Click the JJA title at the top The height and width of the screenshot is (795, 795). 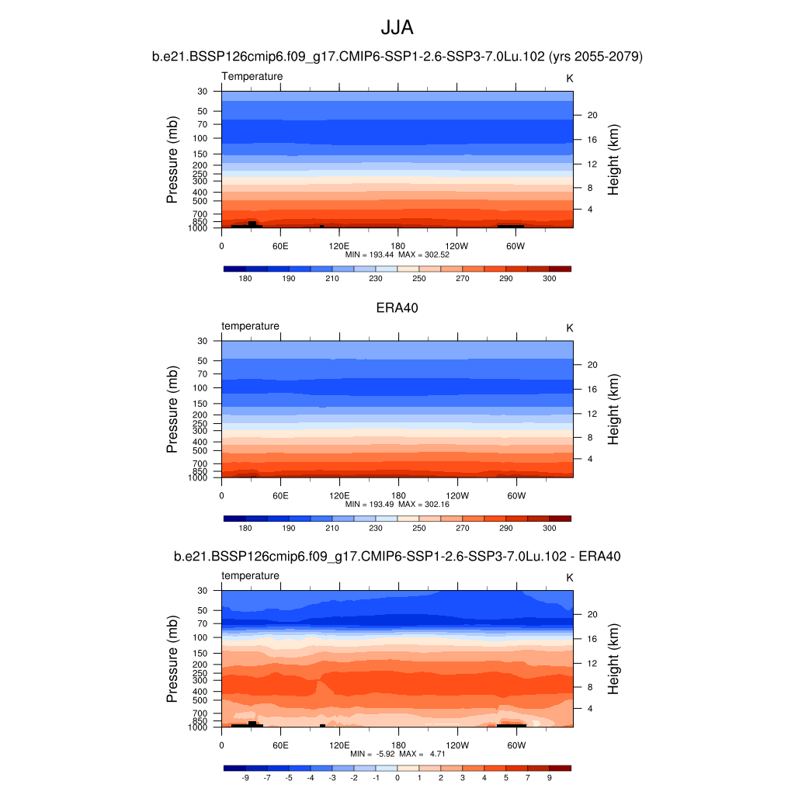point(397,28)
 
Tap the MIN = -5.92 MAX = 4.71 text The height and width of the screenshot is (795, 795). point(397,754)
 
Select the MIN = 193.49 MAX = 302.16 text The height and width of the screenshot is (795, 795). point(397,504)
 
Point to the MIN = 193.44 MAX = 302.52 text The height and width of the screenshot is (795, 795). point(397,254)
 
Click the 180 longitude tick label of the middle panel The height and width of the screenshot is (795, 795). point(398,495)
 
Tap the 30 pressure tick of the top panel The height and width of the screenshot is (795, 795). point(203,92)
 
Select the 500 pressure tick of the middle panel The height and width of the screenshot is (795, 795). point(200,450)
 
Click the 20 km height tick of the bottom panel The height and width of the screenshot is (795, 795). point(591,614)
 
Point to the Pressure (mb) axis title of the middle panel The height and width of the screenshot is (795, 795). point(172,410)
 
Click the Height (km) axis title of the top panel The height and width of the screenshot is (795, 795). point(613,160)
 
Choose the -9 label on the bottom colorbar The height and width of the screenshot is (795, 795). point(245,777)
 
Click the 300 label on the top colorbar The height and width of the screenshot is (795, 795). point(549,278)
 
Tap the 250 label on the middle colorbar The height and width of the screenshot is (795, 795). point(419,528)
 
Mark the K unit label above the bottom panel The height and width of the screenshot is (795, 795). point(569,578)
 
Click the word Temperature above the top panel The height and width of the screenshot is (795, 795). point(252,76)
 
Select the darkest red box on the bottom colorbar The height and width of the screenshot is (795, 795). point(560,768)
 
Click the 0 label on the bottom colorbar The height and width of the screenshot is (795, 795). point(397,777)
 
